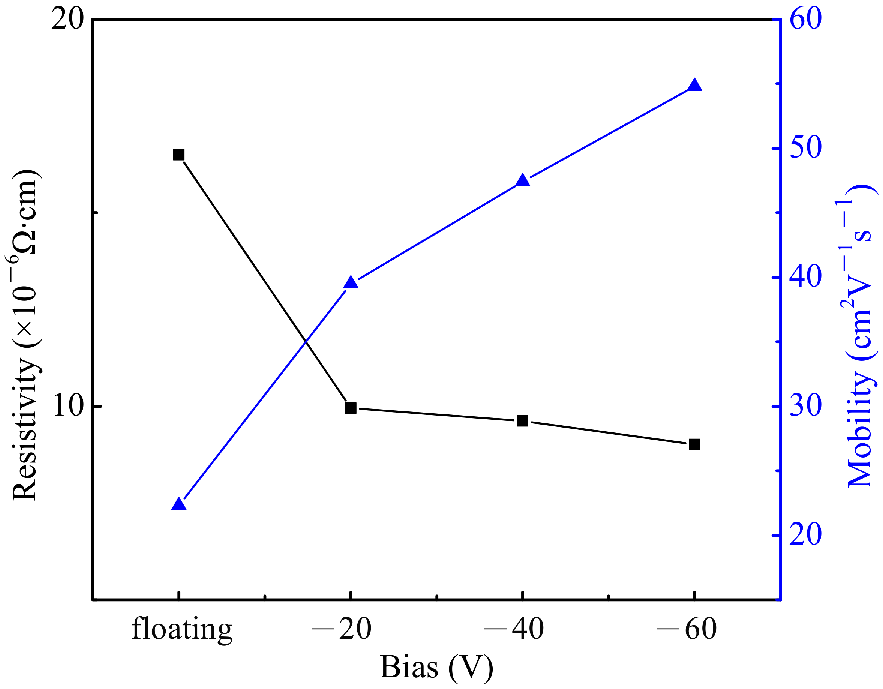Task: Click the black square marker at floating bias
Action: click(x=179, y=155)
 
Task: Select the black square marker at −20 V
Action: click(x=351, y=408)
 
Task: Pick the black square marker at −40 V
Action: click(x=522, y=421)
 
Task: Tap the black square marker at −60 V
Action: click(x=694, y=444)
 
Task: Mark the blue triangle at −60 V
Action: click(x=694, y=85)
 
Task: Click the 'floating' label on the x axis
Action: click(x=182, y=630)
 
